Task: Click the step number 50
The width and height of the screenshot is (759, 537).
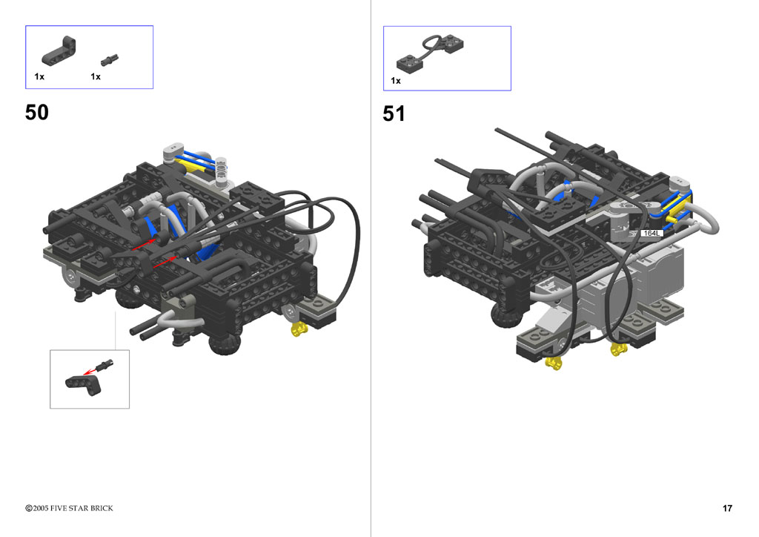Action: [37, 112]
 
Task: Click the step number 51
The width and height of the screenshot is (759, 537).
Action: [394, 113]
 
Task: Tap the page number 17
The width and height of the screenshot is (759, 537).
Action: [727, 508]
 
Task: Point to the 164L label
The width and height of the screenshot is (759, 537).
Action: [651, 233]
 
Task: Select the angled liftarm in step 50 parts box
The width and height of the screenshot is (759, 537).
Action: [59, 51]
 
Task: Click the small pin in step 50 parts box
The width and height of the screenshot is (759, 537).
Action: [110, 59]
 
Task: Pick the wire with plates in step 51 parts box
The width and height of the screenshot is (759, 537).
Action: [430, 53]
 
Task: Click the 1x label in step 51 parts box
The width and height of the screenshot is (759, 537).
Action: [396, 81]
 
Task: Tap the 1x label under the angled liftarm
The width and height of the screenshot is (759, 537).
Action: [39, 76]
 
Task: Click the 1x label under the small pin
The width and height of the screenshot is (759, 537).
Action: [96, 76]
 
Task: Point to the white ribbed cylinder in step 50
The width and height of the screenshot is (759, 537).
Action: [221, 172]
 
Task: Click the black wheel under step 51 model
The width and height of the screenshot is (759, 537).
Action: [507, 315]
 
